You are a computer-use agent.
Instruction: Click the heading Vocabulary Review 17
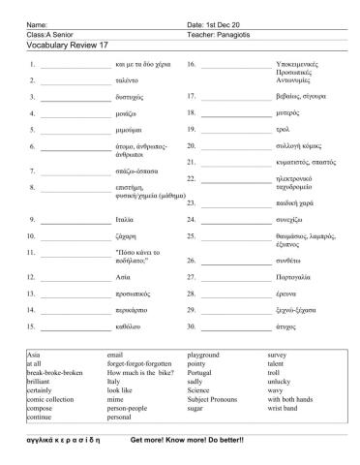coord(61,43)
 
